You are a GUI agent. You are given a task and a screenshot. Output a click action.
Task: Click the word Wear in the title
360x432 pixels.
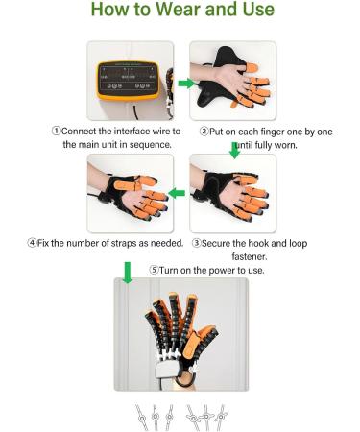coord(176,14)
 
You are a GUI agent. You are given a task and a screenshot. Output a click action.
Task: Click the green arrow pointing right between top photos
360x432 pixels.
coord(183,84)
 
